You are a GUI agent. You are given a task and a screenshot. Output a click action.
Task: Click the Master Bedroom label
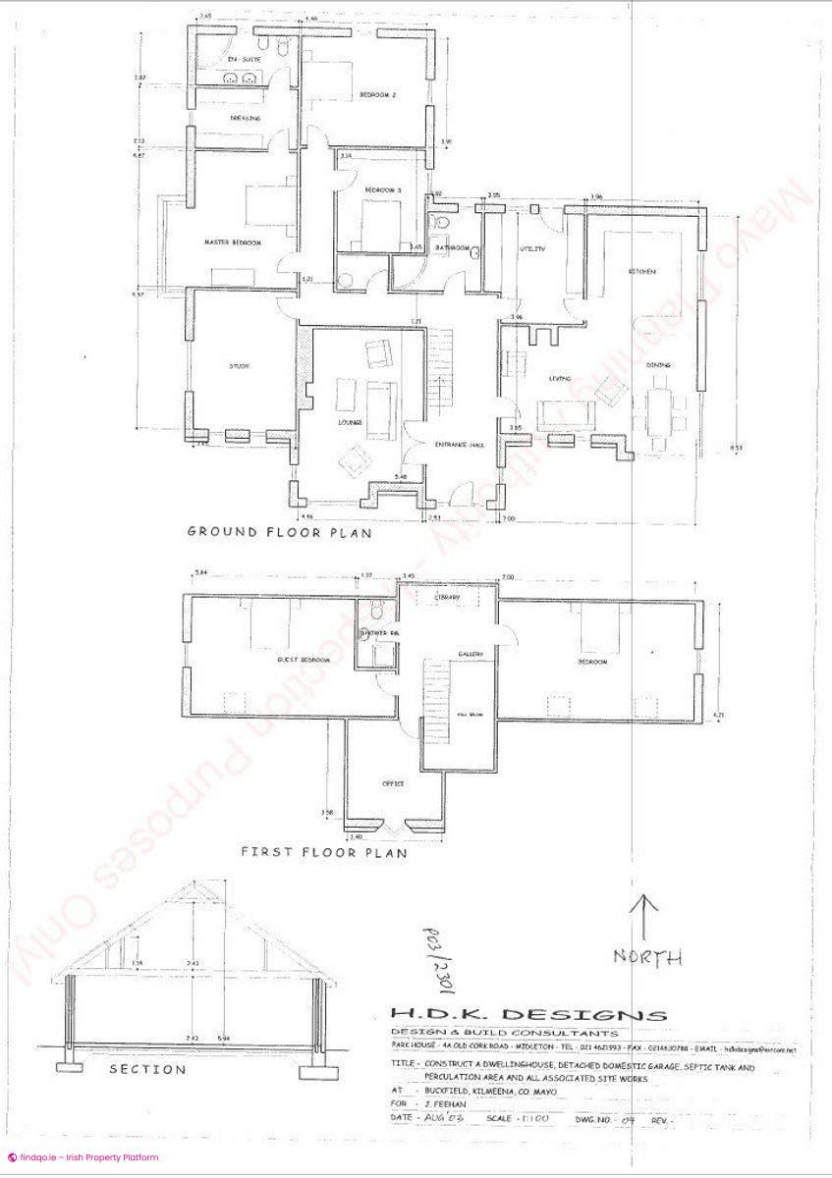(233, 242)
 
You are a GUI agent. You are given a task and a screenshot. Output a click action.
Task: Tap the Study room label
(239, 366)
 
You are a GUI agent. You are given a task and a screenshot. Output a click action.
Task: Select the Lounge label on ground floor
(351, 423)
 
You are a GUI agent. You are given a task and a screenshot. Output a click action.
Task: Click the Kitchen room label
(642, 271)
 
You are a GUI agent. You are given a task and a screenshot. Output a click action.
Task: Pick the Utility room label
(531, 249)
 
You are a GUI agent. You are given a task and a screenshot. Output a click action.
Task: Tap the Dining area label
(658, 365)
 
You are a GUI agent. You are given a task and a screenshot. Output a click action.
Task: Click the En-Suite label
(239, 60)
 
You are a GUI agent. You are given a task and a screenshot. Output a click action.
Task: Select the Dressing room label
(245, 118)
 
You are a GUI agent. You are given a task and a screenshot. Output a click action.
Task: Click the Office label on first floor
(393, 783)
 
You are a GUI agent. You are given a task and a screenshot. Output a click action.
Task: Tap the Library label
(447, 597)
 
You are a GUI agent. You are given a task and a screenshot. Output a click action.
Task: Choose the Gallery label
(468, 654)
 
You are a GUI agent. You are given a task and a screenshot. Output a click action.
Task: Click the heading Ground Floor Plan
(279, 533)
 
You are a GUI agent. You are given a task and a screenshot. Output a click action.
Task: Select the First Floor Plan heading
(323, 852)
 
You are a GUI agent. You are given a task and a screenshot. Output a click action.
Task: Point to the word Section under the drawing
(146, 1069)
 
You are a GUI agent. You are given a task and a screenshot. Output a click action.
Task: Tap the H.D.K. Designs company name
(527, 1015)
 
